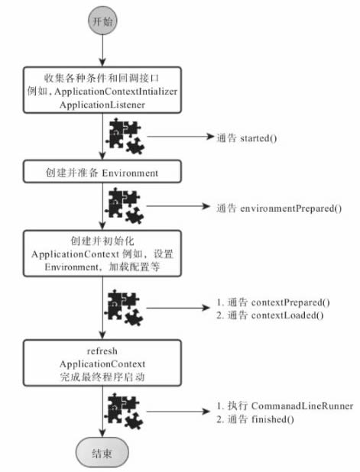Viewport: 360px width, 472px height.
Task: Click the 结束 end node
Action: point(102,453)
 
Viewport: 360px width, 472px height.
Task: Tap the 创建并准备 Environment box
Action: point(102,173)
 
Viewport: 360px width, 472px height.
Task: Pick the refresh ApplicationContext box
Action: point(102,364)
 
